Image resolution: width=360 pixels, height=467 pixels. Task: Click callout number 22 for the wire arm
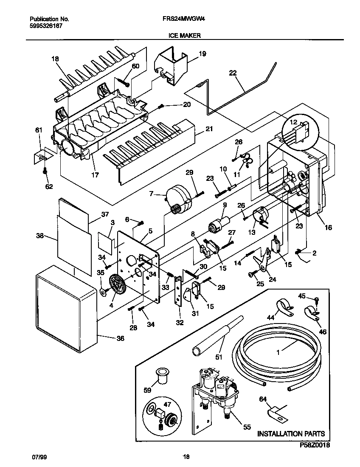coord(232,73)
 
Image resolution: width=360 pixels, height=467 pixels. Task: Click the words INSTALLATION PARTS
coord(291,433)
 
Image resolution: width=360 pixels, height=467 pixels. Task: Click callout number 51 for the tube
coord(219,357)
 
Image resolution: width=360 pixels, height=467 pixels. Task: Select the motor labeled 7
coord(179,198)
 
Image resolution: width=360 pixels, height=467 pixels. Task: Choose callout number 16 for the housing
coord(328,228)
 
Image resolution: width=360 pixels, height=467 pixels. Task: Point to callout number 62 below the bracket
coord(49,186)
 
